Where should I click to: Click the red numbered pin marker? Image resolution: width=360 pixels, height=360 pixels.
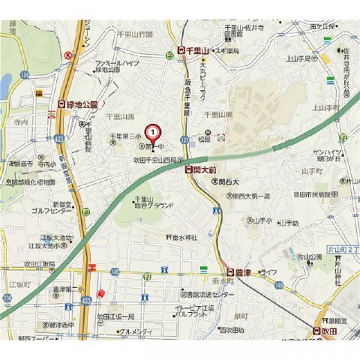pyautogui.click(x=153, y=133)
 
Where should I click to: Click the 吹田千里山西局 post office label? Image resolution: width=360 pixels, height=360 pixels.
pyautogui.click(x=159, y=160)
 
